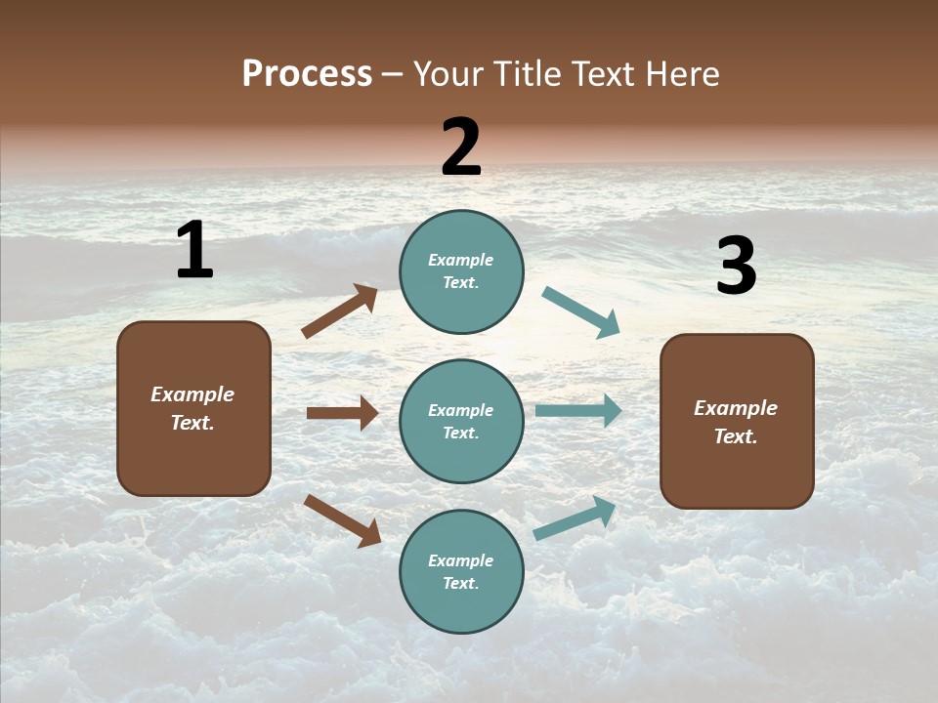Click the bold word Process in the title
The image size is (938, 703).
tap(307, 74)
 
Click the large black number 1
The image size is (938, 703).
tap(194, 250)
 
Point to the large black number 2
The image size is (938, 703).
tap(461, 147)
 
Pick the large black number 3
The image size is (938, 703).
tap(736, 267)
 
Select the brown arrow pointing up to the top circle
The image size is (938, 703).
tap(339, 311)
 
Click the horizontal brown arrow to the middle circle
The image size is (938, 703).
tap(342, 413)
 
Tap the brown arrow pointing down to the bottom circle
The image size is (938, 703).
tap(342, 519)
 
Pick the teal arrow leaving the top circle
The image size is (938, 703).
tap(580, 312)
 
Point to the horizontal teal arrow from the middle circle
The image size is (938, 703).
tap(577, 411)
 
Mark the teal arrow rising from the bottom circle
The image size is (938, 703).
tap(575, 518)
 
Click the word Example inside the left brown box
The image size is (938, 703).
tap(192, 394)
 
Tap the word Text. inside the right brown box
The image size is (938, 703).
tap(736, 436)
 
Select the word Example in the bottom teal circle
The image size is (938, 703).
tap(461, 560)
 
